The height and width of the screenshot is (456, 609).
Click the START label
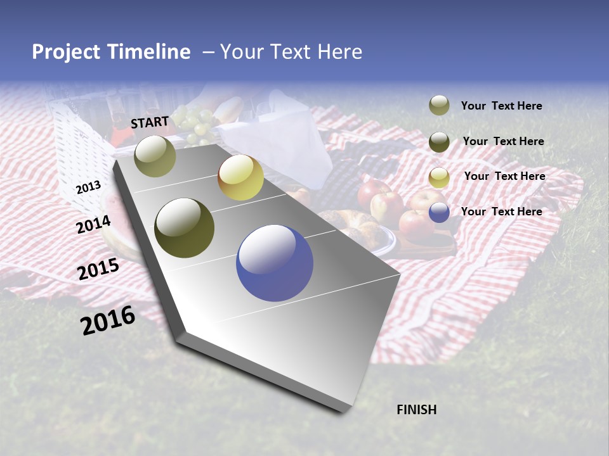[x=150, y=122]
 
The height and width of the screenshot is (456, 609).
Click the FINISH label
[x=416, y=410]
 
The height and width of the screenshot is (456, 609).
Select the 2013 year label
[x=88, y=187]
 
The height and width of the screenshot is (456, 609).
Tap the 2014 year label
[x=93, y=224]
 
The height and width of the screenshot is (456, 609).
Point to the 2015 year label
[x=98, y=269]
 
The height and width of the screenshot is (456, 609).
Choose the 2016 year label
[x=108, y=320]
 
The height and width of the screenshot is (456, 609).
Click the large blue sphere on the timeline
[x=275, y=263]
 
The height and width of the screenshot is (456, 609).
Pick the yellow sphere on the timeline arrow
[x=240, y=178]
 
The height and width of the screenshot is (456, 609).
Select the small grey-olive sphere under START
[x=155, y=156]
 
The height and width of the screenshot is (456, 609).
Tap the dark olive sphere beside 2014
[x=185, y=228]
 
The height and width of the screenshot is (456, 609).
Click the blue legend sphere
[x=439, y=212]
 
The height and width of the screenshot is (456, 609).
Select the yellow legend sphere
[x=439, y=178]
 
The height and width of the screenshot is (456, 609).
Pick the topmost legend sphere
[x=439, y=105]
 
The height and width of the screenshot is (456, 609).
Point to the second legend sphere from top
[x=439, y=142]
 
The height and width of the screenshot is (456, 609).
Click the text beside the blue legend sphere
[x=501, y=212]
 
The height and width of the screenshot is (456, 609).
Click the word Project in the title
[x=65, y=52]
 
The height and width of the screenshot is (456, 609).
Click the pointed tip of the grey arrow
[x=343, y=410]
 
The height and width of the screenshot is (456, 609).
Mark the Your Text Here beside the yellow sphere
[x=504, y=176]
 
